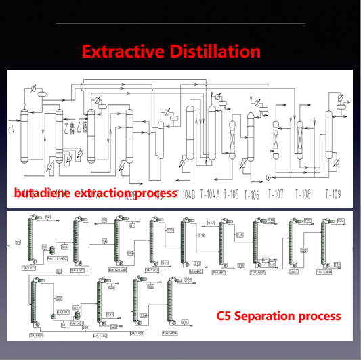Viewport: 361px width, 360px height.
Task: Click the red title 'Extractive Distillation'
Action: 171,51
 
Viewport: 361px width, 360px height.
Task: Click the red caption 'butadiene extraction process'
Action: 95,194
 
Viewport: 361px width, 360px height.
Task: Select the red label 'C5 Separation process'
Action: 278,316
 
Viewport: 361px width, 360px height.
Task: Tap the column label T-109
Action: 333,194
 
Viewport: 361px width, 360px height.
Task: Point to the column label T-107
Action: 275,194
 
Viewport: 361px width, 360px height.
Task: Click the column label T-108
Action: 303,194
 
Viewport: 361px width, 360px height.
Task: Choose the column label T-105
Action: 231,194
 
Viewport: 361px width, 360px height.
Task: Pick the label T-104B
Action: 186,194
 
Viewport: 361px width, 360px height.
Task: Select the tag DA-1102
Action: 28,269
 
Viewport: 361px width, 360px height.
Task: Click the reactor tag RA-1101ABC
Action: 59,258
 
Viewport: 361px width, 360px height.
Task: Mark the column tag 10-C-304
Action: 324,272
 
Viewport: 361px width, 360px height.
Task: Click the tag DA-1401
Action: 36,335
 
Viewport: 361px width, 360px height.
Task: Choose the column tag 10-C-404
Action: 169,334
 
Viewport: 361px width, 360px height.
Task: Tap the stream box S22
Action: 304,250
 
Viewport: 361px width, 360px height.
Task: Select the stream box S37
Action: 184,322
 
